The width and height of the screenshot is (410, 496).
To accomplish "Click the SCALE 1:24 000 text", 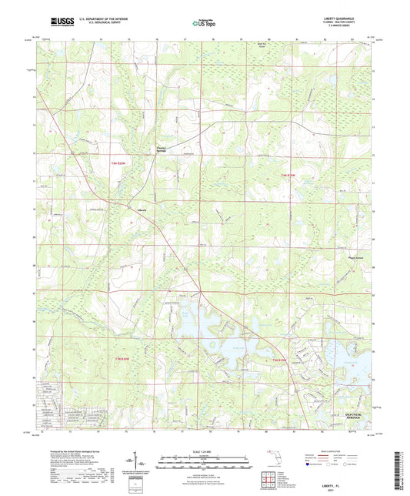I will (205, 450).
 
